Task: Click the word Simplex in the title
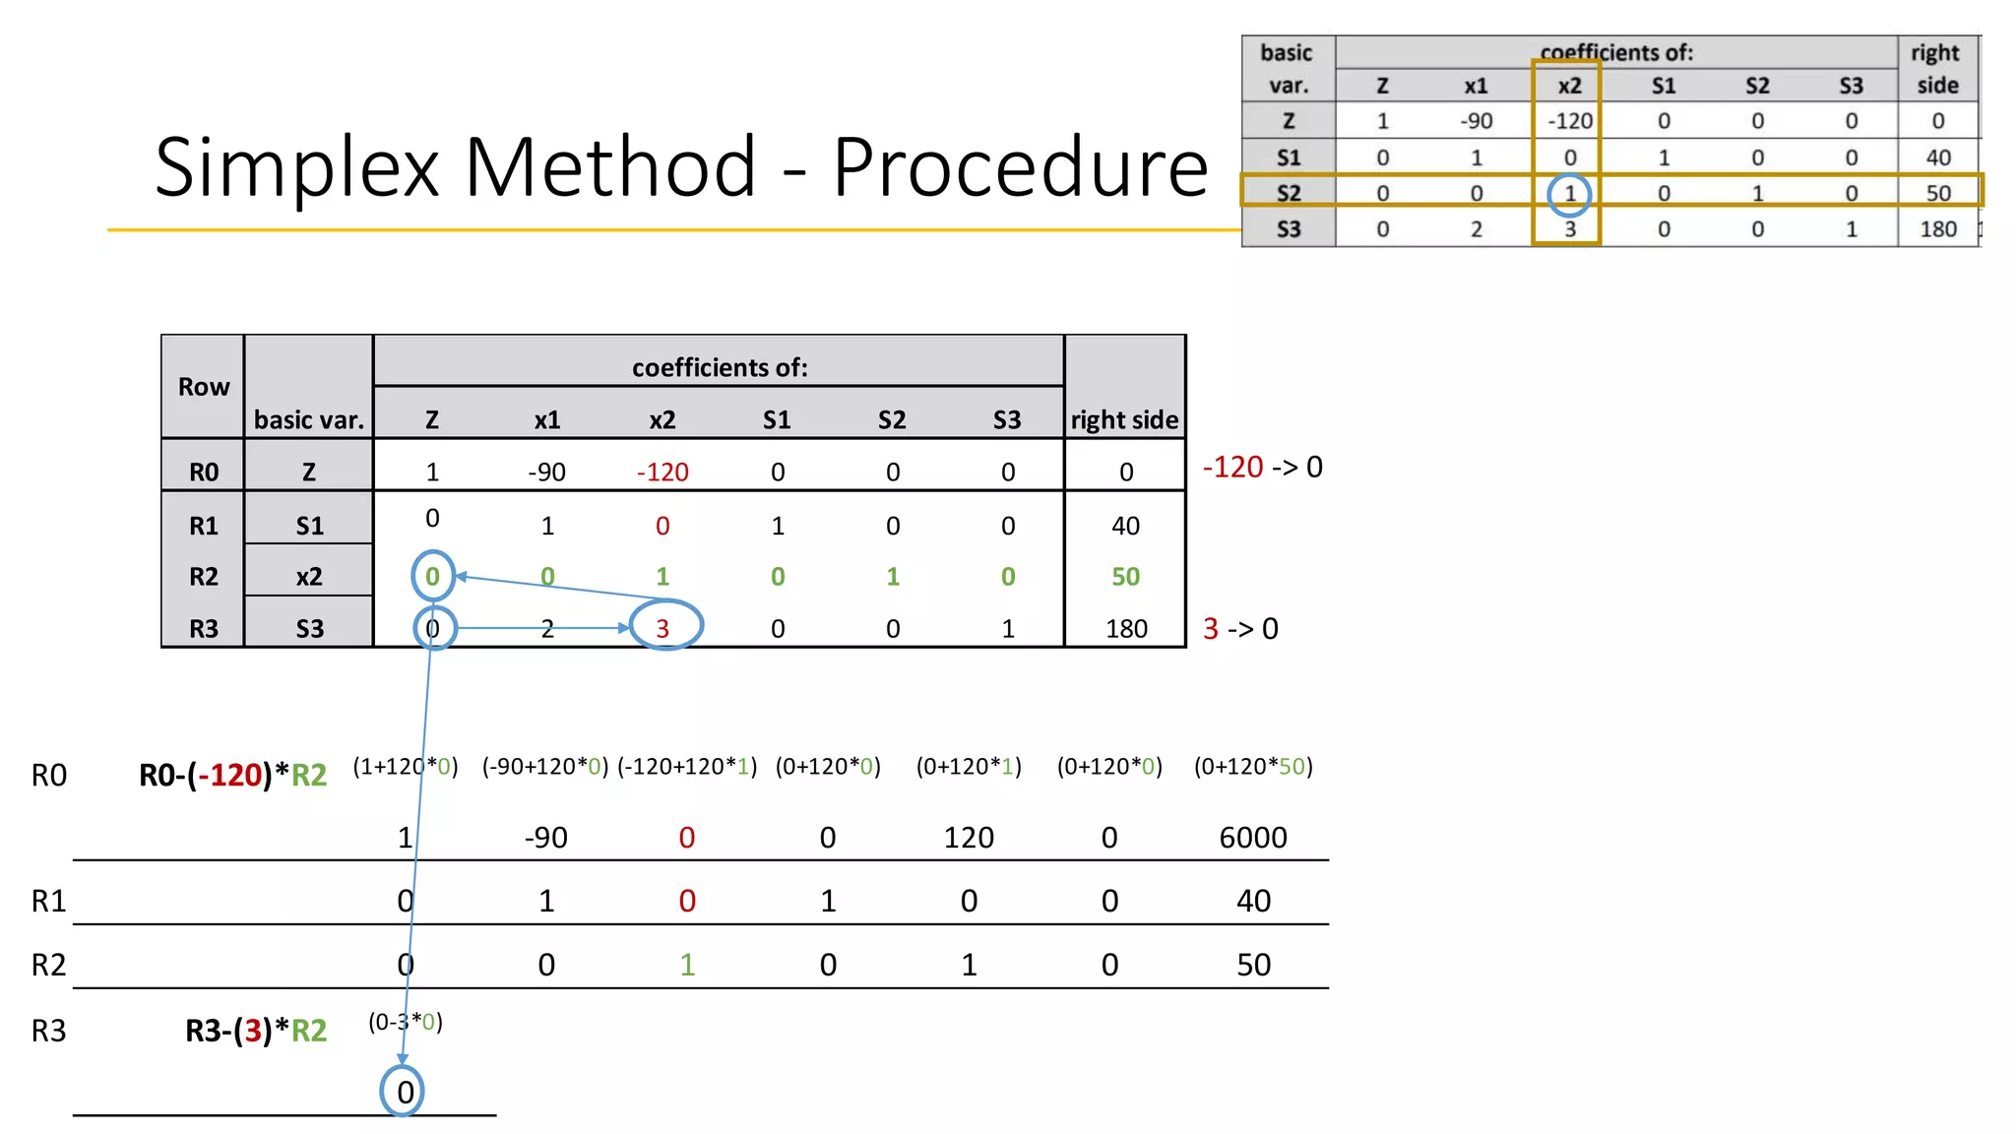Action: pyautogui.click(x=296, y=168)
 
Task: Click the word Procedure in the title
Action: pyautogui.click(x=1020, y=168)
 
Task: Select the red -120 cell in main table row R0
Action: pyautogui.click(x=662, y=472)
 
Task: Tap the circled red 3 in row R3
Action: pyautogui.click(x=663, y=628)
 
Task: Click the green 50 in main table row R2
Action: pyautogui.click(x=1125, y=577)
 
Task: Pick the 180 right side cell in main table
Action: pyautogui.click(x=1125, y=629)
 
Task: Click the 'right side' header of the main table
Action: pyautogui.click(x=1124, y=420)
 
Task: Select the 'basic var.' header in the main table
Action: pyautogui.click(x=309, y=420)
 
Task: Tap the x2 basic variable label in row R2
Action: pyautogui.click(x=309, y=577)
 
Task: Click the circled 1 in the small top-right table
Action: pyautogui.click(x=1569, y=194)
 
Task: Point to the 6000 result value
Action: pyautogui.click(x=1252, y=838)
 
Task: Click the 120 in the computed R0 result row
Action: pyautogui.click(x=969, y=838)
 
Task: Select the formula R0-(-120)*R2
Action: pyautogui.click(x=232, y=776)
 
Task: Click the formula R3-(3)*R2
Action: pyautogui.click(x=256, y=1031)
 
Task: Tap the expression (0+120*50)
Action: pyautogui.click(x=1253, y=767)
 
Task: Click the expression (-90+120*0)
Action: pyautogui.click(x=545, y=767)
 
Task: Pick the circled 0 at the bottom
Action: pyautogui.click(x=404, y=1092)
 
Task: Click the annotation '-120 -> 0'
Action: pyautogui.click(x=1262, y=467)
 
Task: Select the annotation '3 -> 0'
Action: pyautogui.click(x=1240, y=629)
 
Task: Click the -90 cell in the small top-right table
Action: pyautogui.click(x=1476, y=121)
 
